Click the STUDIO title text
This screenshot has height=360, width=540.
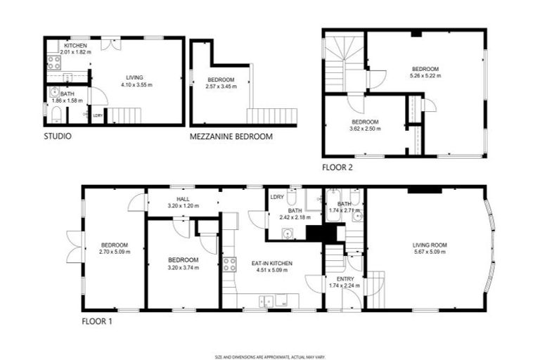(x=58, y=136)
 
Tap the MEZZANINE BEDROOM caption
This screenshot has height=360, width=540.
(x=231, y=136)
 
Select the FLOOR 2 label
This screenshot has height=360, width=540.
(x=337, y=167)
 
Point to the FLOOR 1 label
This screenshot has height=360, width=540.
(x=96, y=321)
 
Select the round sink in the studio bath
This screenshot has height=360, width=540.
(x=54, y=91)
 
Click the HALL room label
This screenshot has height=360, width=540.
(x=183, y=199)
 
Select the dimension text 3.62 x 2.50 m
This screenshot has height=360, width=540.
(x=365, y=129)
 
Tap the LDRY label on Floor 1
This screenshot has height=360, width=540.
(x=276, y=196)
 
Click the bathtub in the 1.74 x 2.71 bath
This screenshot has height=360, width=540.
(x=333, y=205)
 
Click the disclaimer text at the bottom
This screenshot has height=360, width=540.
(x=269, y=357)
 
